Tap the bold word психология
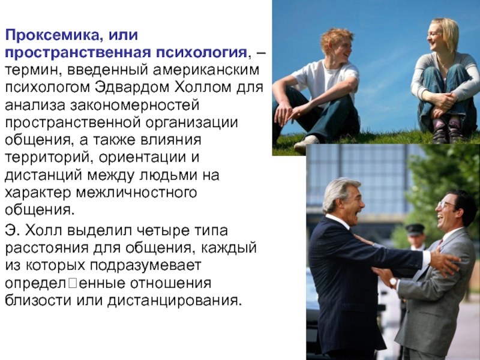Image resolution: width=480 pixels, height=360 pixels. click(x=202, y=53)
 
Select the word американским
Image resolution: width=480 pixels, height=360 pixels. click(x=206, y=70)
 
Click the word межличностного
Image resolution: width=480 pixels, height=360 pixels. click(x=136, y=193)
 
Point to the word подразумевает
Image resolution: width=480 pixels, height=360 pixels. click(x=146, y=266)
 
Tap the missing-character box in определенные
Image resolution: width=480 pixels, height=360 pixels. click(x=73, y=283)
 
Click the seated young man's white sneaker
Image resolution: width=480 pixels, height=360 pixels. click(x=306, y=143)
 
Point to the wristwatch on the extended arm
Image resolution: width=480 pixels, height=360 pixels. click(x=393, y=282)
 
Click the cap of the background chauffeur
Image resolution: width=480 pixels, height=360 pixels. click(x=415, y=229)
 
